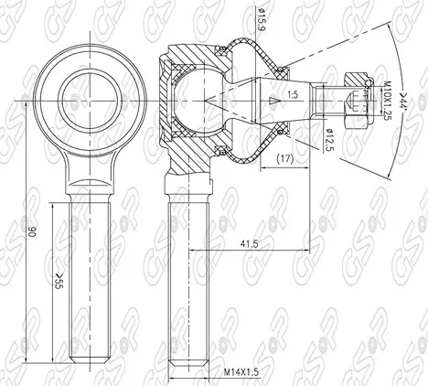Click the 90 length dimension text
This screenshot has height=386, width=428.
(32, 232)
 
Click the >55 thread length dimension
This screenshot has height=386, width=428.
(58, 281)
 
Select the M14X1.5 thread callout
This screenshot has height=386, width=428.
(241, 372)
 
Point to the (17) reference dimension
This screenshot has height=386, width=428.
(284, 159)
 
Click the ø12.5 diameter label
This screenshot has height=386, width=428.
(329, 140)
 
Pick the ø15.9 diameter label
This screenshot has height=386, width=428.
(261, 19)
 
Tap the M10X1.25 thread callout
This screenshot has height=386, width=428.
(387, 101)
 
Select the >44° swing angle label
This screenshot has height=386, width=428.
(404, 102)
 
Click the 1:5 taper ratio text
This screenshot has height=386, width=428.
(293, 95)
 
